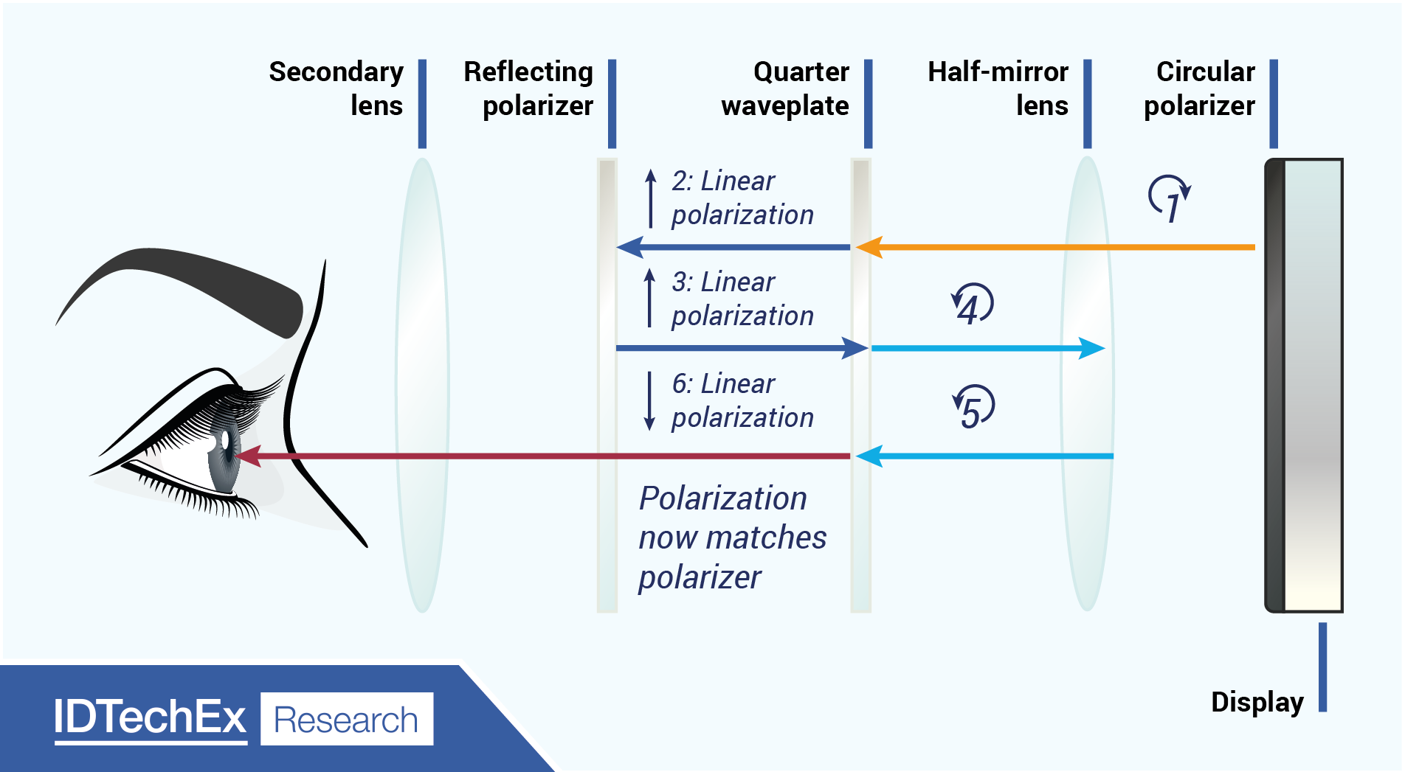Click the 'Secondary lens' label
336,88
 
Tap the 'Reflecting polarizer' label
528,88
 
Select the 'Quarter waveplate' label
785,88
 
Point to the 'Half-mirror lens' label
998,88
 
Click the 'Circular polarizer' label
1199,88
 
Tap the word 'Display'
1257,702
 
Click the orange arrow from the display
1055,247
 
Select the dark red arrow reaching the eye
546,456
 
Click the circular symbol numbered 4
973,305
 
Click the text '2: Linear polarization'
742,198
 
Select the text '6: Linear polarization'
742,400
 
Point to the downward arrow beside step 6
649,400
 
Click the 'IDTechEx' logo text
150,717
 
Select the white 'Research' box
347,719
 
